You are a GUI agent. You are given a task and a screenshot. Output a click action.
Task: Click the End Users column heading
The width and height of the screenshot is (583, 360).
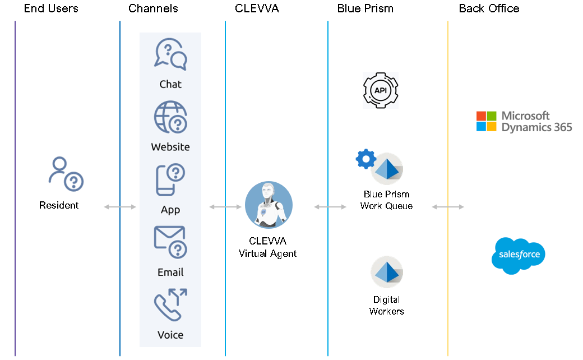pos(51,8)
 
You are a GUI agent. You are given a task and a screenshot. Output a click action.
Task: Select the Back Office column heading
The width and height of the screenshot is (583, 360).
pos(489,8)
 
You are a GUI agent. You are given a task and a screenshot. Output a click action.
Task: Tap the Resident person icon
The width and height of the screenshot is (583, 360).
pos(65,174)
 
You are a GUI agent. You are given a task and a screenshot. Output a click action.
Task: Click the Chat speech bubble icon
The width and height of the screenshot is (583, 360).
pos(170,54)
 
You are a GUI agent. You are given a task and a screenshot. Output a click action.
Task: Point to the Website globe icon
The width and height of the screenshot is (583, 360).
pos(170,117)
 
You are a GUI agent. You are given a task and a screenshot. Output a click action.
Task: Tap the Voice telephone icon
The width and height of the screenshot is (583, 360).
pos(170,306)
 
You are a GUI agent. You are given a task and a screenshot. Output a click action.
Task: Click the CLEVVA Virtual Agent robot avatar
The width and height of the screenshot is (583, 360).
pos(269,205)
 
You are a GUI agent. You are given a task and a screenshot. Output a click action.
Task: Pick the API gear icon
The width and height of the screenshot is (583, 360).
pos(380,90)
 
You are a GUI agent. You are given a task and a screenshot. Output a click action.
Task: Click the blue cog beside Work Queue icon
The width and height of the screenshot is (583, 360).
pos(366,159)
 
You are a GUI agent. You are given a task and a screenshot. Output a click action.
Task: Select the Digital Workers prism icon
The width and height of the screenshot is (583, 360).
pos(387,273)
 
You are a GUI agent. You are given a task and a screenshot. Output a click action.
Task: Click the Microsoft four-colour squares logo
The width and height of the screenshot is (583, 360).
pos(486,121)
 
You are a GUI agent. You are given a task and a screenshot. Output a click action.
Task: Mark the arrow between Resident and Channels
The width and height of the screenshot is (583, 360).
pos(120,207)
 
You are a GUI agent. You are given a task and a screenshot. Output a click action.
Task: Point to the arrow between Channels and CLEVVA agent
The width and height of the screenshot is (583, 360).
pos(225,207)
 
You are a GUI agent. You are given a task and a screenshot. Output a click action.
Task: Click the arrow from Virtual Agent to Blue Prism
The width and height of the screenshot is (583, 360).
pos(330,207)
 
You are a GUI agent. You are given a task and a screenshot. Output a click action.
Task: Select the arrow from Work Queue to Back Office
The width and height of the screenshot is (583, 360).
pos(448,207)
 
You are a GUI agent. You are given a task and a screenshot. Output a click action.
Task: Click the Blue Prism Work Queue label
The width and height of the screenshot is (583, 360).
pos(386,200)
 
